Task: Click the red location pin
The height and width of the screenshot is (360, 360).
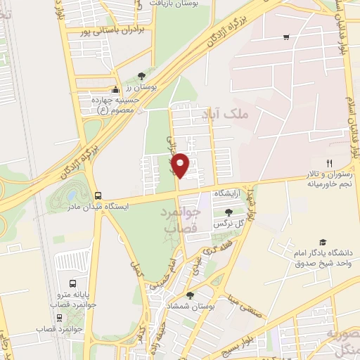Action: (181, 165)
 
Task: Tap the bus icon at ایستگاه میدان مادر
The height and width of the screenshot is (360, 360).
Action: (98, 195)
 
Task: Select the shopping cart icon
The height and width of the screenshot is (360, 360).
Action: (285, 37)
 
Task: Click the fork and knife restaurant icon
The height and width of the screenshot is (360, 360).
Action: (339, 162)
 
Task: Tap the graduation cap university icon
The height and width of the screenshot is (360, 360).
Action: (322, 242)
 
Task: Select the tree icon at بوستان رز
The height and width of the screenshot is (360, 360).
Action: (141, 75)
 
